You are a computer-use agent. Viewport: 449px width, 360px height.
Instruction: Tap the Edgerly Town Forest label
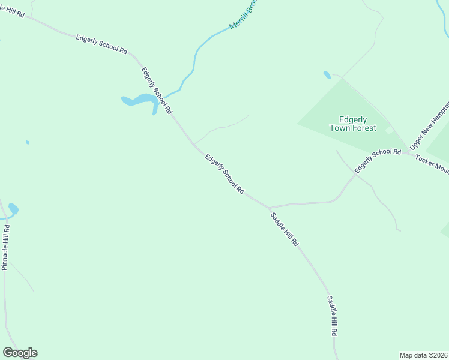tap(353, 124)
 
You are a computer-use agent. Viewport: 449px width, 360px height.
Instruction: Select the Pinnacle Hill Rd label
tap(6, 247)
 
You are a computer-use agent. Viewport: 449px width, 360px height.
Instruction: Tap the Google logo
tap(20, 353)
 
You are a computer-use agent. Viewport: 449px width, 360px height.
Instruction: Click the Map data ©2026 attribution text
tap(423, 355)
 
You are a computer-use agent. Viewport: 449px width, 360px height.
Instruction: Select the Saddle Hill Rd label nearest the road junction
tap(283, 230)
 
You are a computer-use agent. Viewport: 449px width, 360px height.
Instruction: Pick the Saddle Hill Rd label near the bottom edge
tap(332, 316)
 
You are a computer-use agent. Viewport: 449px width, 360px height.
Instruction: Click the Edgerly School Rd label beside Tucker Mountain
tap(377, 161)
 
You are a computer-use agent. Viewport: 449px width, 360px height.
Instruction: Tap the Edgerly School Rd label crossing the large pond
tap(157, 91)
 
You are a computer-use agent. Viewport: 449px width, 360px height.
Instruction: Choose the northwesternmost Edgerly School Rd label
tap(101, 45)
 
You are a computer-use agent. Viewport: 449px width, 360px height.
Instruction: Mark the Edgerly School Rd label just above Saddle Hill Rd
tap(224, 174)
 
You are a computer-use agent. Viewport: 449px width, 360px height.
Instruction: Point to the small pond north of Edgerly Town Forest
tap(327, 75)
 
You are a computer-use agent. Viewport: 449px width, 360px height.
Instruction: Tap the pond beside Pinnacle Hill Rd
tap(13, 209)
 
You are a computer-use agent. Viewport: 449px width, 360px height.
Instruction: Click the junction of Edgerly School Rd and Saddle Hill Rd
tap(268, 208)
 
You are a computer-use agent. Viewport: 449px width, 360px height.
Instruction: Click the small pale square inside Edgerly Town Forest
tap(389, 130)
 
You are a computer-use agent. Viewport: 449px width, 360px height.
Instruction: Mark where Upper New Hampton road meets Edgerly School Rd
tap(408, 152)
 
